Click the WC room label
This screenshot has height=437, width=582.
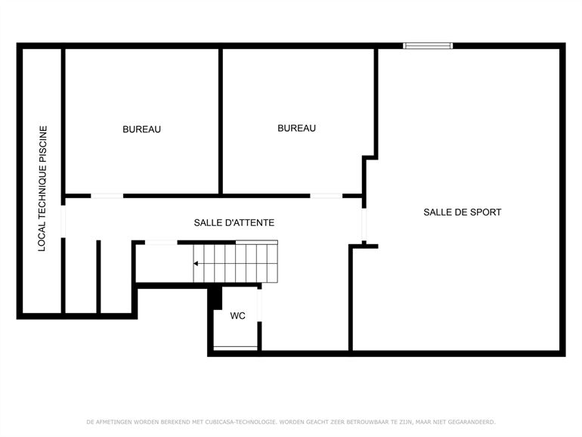[x=237, y=315]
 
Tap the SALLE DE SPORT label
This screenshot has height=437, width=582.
[x=462, y=212]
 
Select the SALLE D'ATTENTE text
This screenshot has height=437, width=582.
[x=234, y=222]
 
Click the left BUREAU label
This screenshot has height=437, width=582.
[x=141, y=129]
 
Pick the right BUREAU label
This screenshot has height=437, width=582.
[x=296, y=129]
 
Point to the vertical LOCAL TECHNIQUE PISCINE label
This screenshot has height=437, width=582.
[x=43, y=188]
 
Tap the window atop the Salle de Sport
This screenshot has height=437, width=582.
[x=428, y=46]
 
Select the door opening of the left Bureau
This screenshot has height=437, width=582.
[x=107, y=196]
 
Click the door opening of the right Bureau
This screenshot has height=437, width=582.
[x=326, y=196]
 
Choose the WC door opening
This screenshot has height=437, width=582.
[x=259, y=305]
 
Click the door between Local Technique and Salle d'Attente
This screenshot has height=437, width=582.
[x=63, y=219]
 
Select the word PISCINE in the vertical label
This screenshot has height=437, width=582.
[x=43, y=144]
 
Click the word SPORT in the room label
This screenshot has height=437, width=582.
[x=487, y=212]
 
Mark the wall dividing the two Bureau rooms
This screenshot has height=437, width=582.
[x=220, y=121]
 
